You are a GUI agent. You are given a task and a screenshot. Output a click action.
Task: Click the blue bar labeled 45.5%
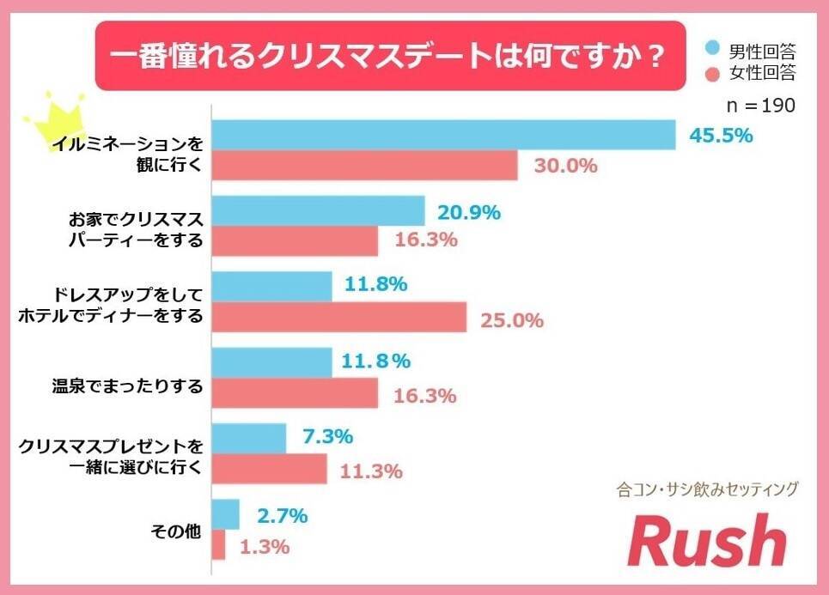click(443, 135)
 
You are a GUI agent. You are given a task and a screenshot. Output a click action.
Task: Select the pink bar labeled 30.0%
click(364, 166)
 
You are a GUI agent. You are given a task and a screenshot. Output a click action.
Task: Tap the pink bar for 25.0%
click(338, 318)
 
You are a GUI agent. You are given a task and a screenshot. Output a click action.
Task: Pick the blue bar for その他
click(225, 514)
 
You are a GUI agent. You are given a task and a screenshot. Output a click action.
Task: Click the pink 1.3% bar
click(218, 545)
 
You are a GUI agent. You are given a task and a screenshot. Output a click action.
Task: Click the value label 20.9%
click(469, 211)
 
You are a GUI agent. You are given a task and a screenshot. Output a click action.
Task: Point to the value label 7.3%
click(327, 436)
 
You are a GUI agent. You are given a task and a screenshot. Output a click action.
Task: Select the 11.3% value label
click(372, 471)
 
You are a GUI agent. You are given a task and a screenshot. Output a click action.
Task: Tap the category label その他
click(175, 530)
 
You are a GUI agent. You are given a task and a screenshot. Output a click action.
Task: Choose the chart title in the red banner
click(389, 58)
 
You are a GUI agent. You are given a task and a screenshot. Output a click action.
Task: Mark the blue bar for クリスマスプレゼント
click(248, 438)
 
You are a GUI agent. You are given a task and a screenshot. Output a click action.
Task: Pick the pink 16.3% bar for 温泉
click(295, 393)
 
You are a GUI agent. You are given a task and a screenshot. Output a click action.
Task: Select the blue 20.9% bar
click(318, 211)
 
